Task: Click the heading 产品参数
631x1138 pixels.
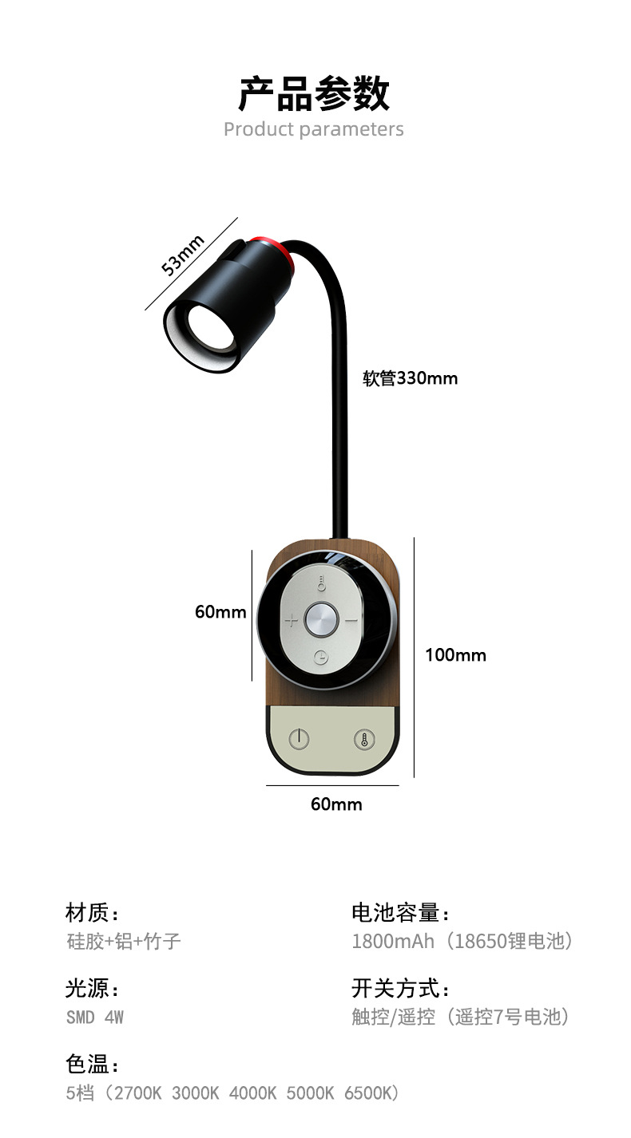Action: click(x=314, y=94)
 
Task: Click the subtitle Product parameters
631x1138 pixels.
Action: click(x=314, y=129)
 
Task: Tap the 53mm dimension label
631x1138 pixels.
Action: click(x=183, y=255)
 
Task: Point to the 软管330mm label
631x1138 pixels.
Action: click(x=411, y=378)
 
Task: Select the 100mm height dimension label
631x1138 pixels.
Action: click(x=455, y=655)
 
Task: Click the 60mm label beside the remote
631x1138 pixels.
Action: click(x=220, y=612)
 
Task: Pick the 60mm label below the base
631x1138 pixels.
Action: click(x=336, y=804)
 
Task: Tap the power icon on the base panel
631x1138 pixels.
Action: click(x=299, y=738)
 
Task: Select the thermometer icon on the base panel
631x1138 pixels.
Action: click(x=364, y=738)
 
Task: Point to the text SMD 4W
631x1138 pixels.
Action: click(x=95, y=1017)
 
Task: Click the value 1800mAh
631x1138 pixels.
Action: click(x=393, y=941)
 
